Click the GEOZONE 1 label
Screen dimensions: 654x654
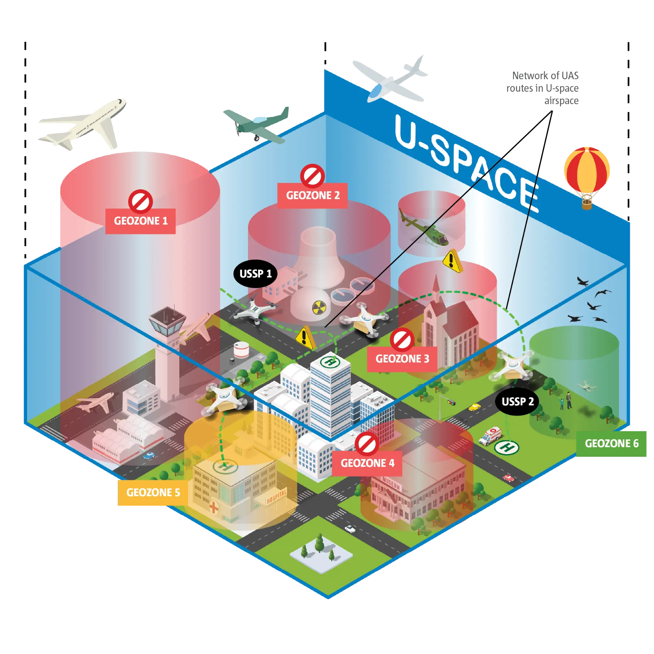click(141, 221)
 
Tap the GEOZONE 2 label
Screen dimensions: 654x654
click(312, 195)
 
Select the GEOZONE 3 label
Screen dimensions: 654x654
click(402, 359)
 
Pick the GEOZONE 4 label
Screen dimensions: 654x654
click(367, 463)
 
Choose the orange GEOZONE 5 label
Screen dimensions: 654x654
click(153, 492)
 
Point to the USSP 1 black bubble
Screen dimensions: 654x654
click(255, 274)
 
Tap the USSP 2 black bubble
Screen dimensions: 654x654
click(517, 401)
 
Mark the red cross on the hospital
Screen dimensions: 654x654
click(214, 507)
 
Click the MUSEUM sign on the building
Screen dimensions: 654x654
click(391, 483)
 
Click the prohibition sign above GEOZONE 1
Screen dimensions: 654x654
click(140, 202)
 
